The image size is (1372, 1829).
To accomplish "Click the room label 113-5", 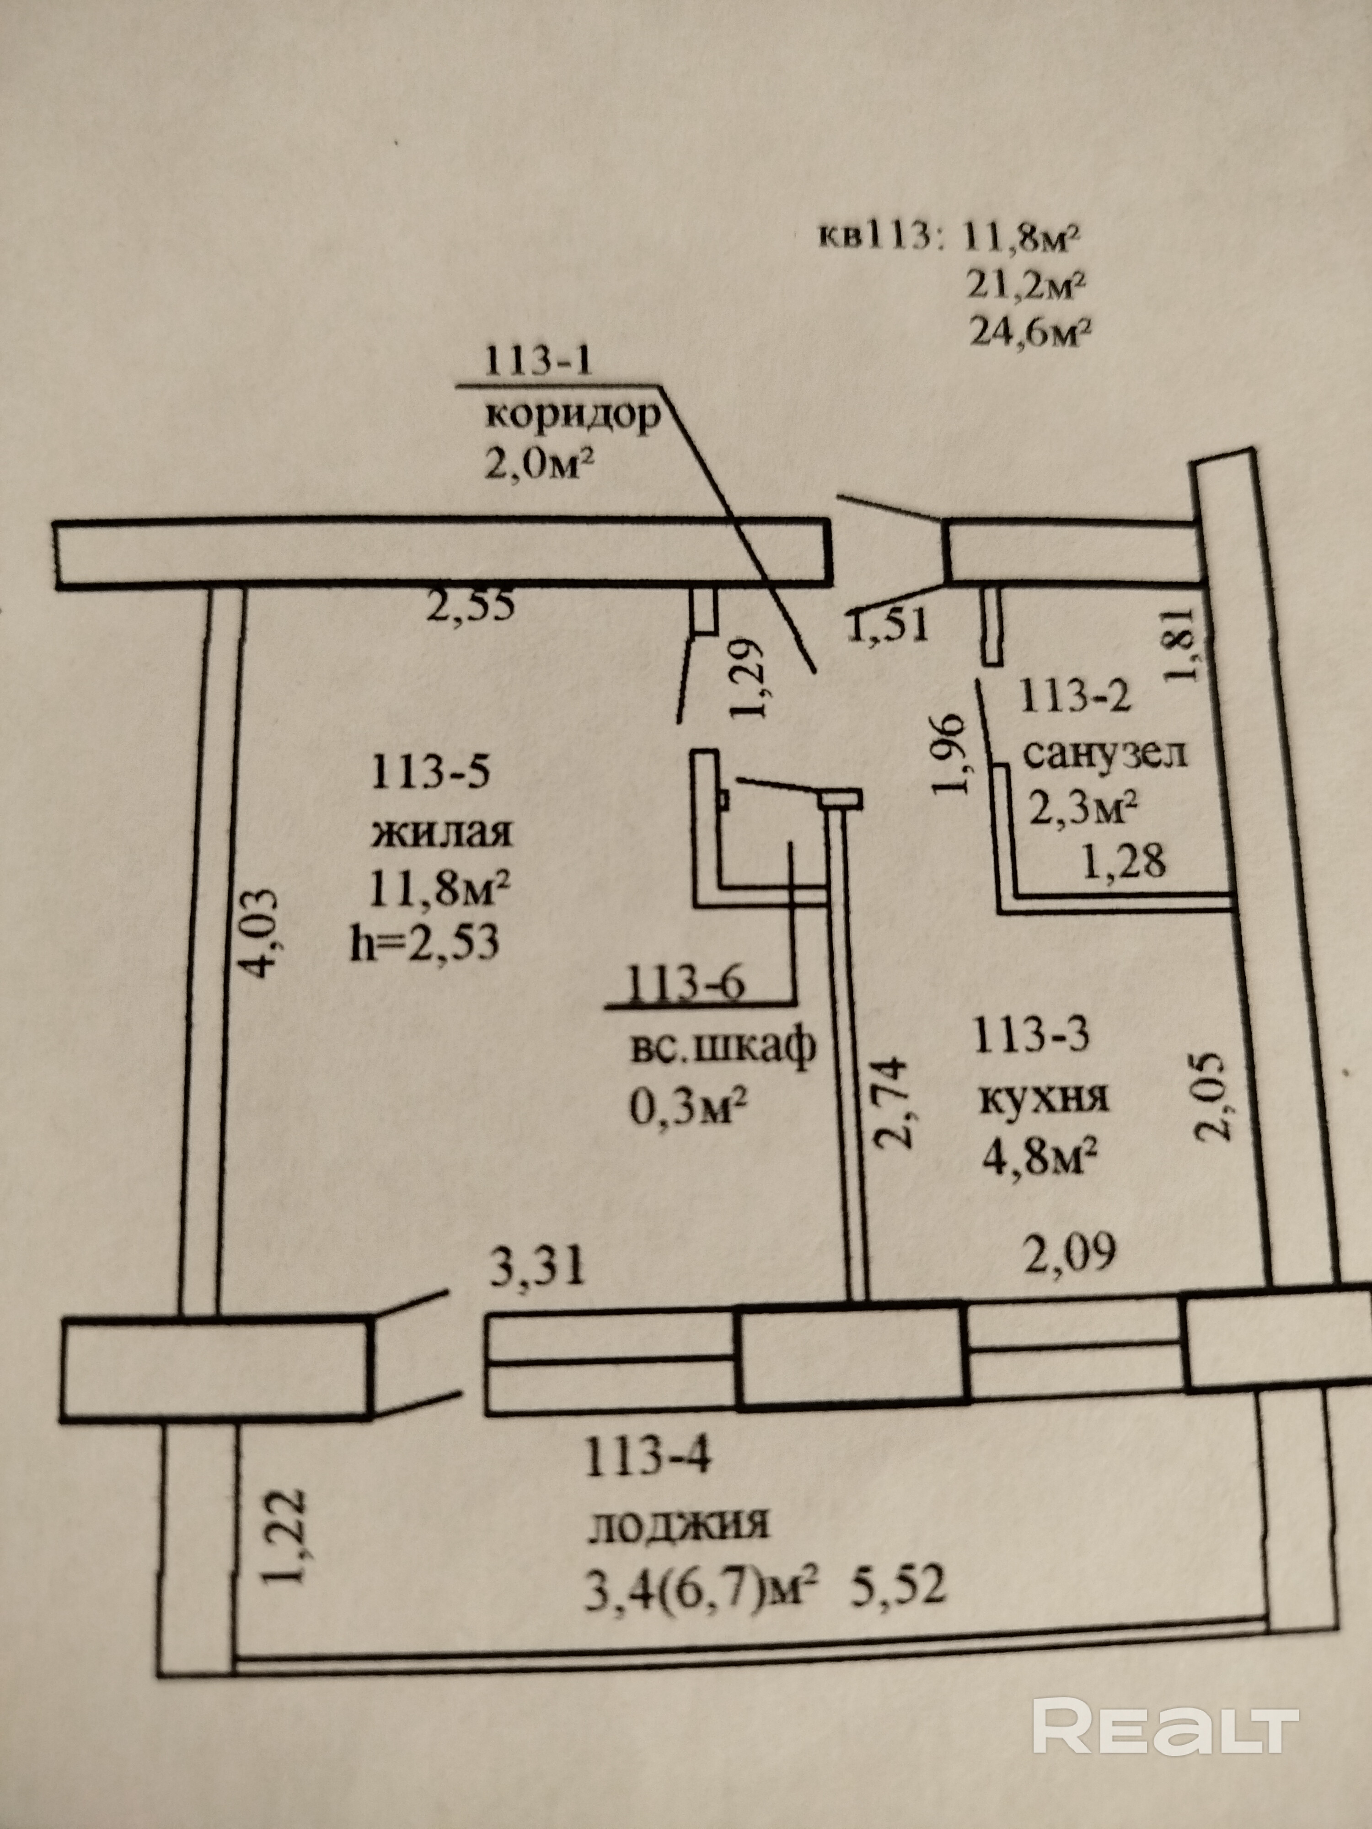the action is coord(430,774).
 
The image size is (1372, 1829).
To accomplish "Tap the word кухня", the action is coord(1044,1099).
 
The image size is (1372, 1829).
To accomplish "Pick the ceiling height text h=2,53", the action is coord(425,942).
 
